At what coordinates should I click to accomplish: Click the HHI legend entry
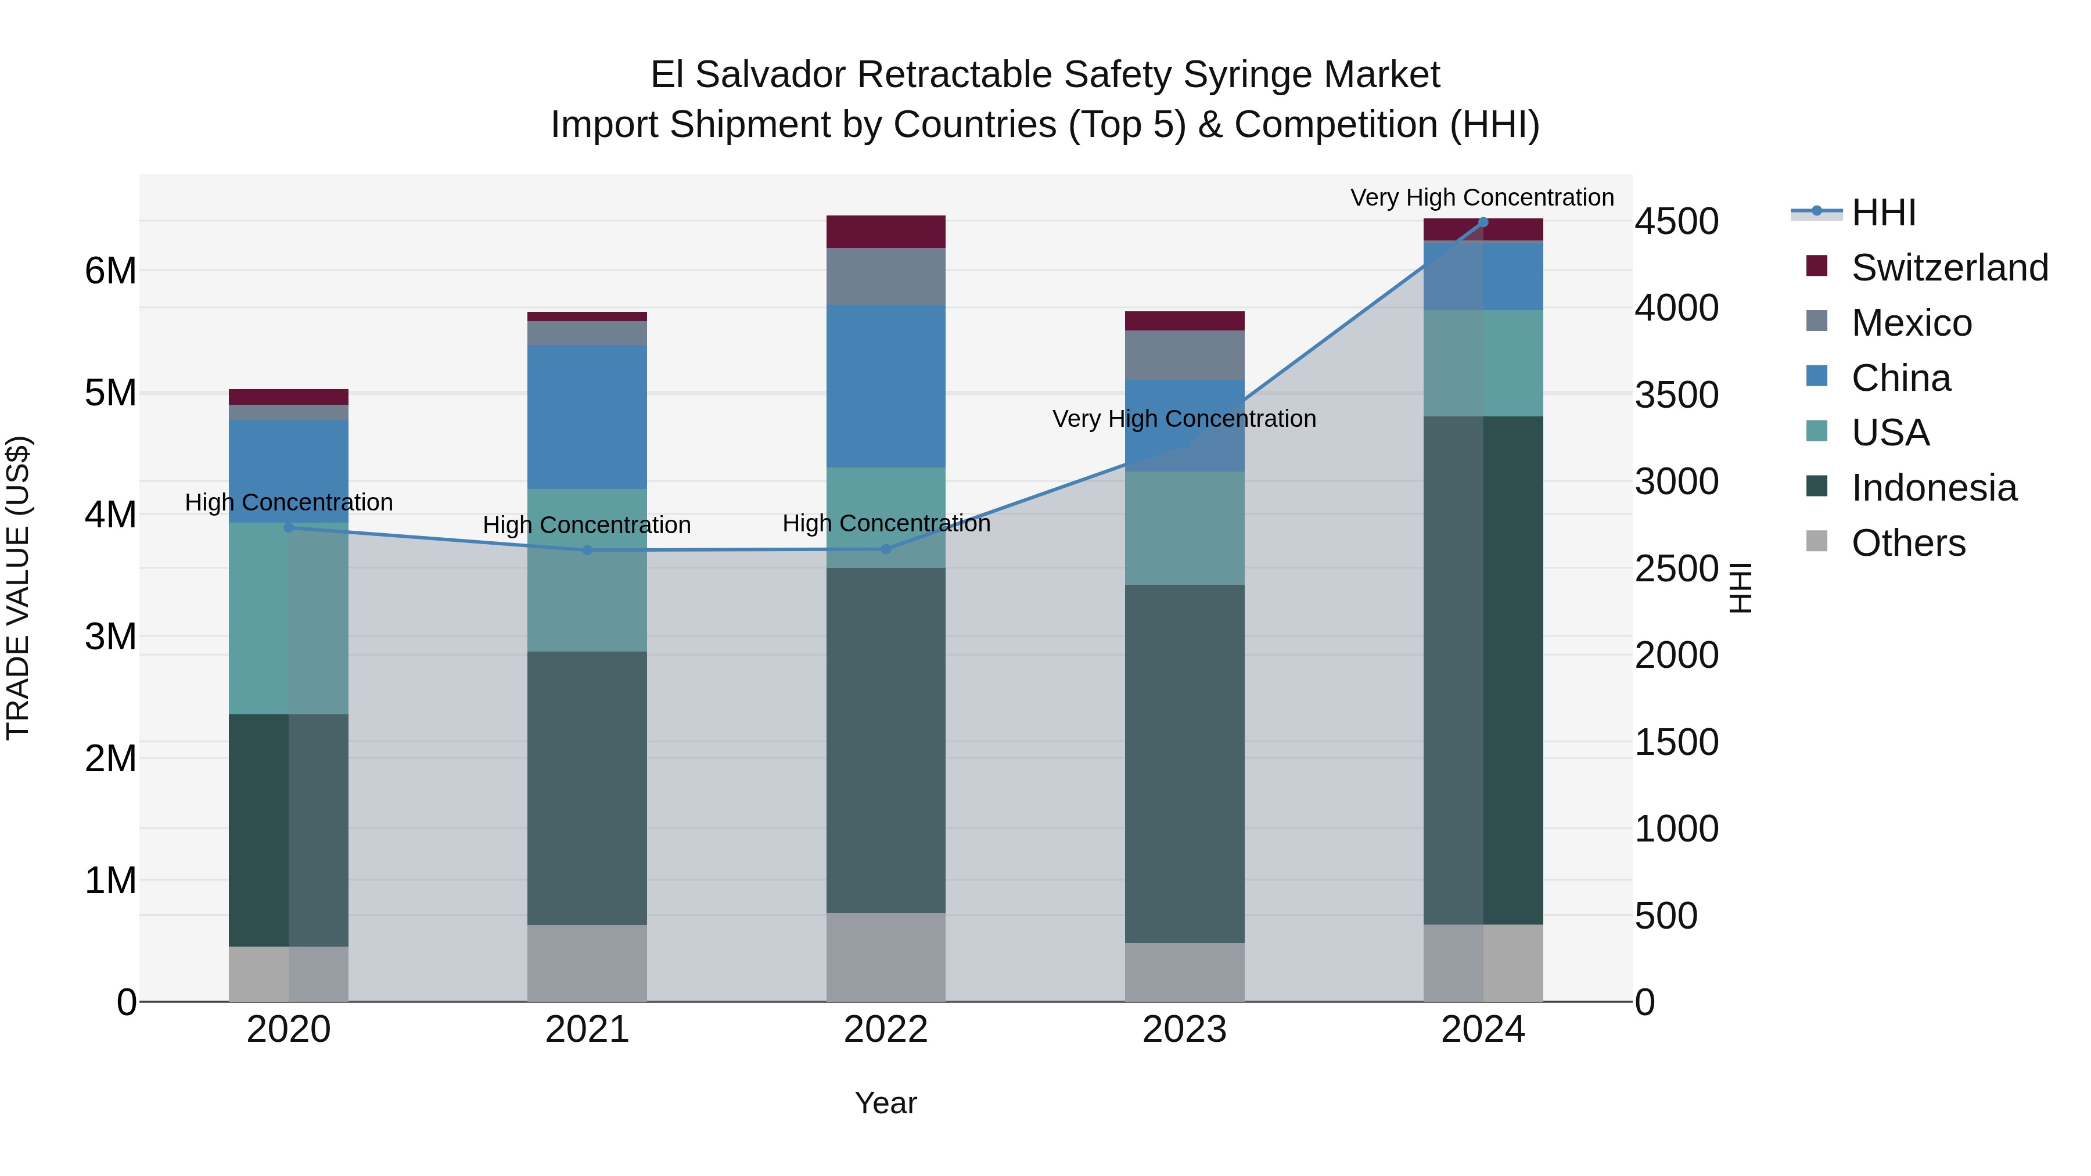coord(1883,213)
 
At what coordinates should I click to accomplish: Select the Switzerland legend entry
coord(1949,268)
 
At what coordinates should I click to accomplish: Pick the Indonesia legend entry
coord(1934,488)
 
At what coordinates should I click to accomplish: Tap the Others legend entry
coord(1907,543)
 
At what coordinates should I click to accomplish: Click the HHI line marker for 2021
coord(588,551)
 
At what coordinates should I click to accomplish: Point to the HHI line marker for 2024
coord(1483,222)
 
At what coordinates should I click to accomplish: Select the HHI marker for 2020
coord(289,527)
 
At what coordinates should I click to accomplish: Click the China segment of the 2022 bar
coord(886,386)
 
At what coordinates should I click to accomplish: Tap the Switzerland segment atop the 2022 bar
coord(886,232)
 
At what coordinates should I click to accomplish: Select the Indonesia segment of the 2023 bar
coord(1184,763)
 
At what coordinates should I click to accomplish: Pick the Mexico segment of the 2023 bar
coord(1184,355)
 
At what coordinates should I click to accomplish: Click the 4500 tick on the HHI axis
coord(1676,222)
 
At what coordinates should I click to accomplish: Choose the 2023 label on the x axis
coord(1184,1030)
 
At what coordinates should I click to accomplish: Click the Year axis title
coord(886,1103)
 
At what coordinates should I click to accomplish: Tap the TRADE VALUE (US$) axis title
coord(18,588)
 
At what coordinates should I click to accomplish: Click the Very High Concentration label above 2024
coord(1482,197)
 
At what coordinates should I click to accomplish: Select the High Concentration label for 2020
coord(289,502)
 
